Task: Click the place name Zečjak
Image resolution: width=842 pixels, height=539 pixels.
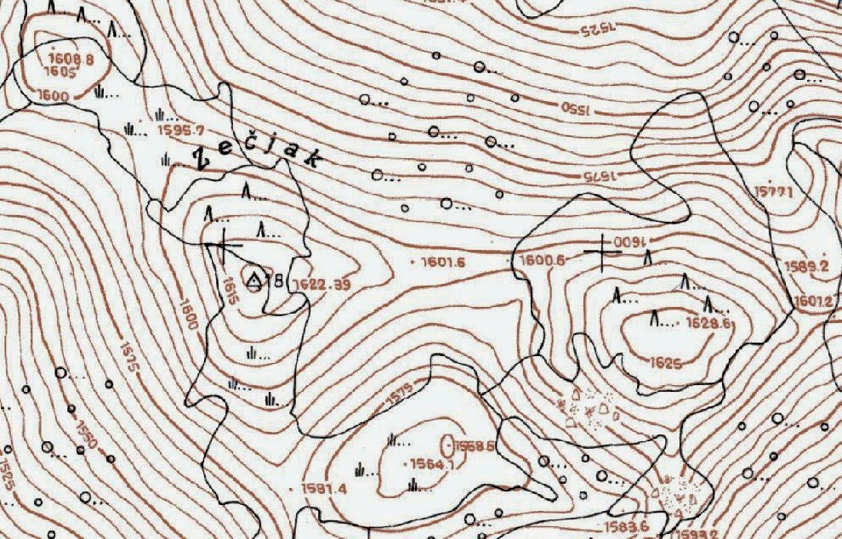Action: pos(247,155)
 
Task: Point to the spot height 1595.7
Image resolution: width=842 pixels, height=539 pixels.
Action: pos(182,130)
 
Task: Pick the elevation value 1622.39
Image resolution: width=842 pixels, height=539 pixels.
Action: pos(320,284)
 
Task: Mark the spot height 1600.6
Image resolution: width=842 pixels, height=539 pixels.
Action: pos(542,260)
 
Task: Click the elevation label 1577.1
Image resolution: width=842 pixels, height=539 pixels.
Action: pos(772,193)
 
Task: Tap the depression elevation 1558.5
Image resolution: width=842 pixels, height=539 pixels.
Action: pos(475,445)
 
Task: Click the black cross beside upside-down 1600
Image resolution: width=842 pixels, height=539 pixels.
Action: pos(602,250)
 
